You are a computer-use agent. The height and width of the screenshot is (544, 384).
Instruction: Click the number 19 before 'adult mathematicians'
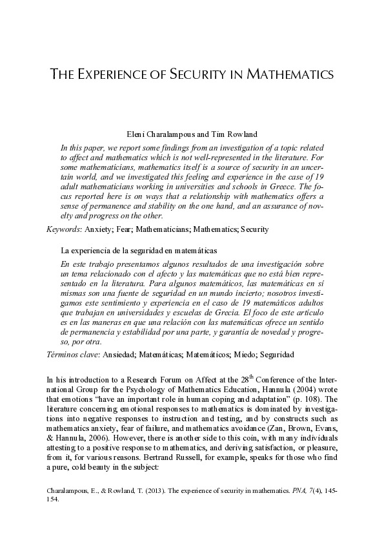tap(318, 177)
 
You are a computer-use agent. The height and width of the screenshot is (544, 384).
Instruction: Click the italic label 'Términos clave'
tap(73, 355)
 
